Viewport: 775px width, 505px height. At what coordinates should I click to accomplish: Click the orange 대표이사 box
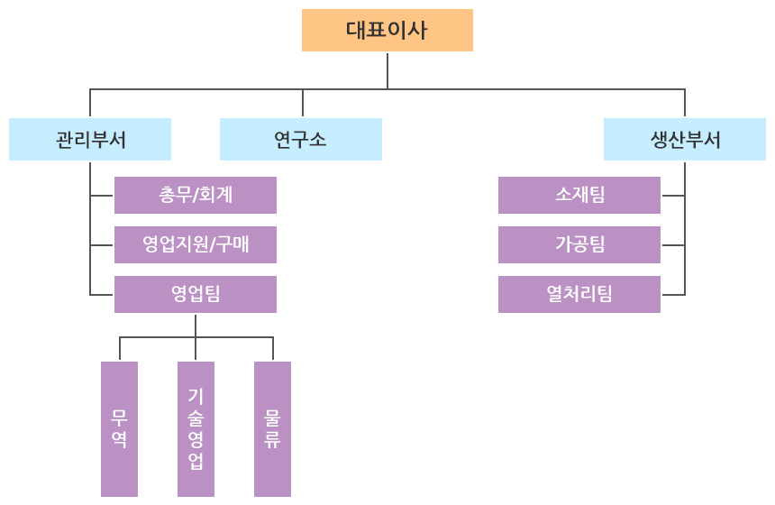[387, 30]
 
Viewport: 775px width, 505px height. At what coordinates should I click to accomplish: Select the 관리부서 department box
[90, 140]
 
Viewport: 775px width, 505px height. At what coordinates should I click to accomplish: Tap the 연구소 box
[301, 140]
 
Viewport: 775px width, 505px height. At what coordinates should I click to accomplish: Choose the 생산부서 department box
[685, 140]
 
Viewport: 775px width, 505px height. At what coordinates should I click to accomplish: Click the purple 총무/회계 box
[196, 195]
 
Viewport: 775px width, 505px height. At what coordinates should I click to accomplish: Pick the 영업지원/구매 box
[196, 244]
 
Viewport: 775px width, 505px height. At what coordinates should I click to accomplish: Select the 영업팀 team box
[196, 294]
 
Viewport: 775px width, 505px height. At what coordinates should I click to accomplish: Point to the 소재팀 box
[579, 195]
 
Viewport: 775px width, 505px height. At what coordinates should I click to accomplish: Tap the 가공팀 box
[579, 244]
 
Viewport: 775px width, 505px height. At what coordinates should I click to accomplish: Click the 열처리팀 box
[579, 294]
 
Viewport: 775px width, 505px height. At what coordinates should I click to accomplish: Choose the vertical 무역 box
[119, 428]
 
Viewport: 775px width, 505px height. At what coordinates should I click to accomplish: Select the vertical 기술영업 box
[196, 428]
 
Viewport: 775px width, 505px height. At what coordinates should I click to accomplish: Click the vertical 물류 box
[272, 428]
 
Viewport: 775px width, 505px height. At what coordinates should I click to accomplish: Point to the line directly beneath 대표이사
[387, 70]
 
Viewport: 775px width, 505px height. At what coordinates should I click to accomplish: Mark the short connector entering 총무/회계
[102, 196]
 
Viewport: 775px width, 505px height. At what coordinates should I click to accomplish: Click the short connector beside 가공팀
[672, 245]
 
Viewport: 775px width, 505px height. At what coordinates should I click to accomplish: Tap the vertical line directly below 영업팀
[196, 325]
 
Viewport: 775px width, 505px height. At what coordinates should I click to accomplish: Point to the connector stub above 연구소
[303, 104]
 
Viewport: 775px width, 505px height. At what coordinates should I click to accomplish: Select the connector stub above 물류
[273, 349]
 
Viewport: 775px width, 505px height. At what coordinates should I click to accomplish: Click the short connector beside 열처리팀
[672, 295]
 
